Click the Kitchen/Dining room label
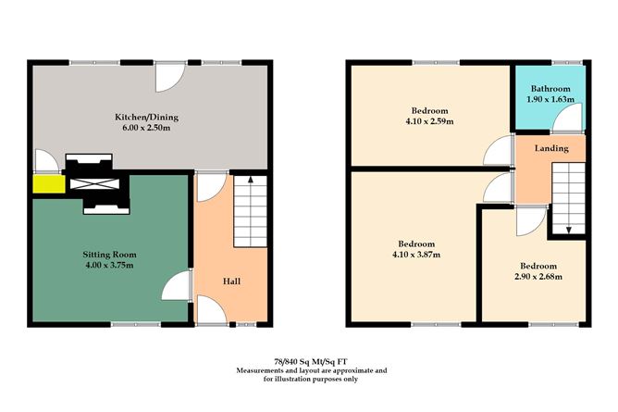tap(146, 117)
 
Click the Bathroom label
tap(550, 89)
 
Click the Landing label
tap(550, 148)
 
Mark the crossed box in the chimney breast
tap(96, 182)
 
